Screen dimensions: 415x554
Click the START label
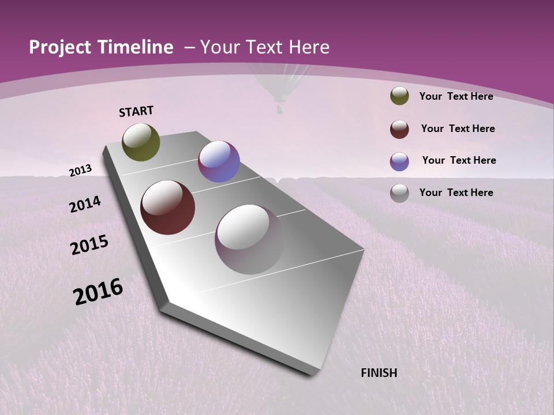point(136,111)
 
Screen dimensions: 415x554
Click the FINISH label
point(379,373)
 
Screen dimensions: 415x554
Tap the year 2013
point(80,170)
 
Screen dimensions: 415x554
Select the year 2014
point(85,204)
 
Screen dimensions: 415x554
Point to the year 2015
point(89,245)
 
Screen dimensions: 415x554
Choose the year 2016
point(98,292)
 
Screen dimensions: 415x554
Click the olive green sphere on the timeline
point(141,142)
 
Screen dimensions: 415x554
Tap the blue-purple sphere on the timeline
point(219,161)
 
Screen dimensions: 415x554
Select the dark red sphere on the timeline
point(168,207)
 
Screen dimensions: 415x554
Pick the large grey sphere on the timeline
point(249,239)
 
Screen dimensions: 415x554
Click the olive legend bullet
point(399,96)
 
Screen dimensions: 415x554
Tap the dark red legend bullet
point(399,129)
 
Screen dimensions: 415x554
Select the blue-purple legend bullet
point(399,161)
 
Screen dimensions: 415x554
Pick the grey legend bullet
point(399,193)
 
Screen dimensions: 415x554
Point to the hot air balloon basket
point(280,108)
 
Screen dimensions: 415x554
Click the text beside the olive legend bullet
point(456,96)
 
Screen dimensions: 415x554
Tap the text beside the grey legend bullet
point(456,193)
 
